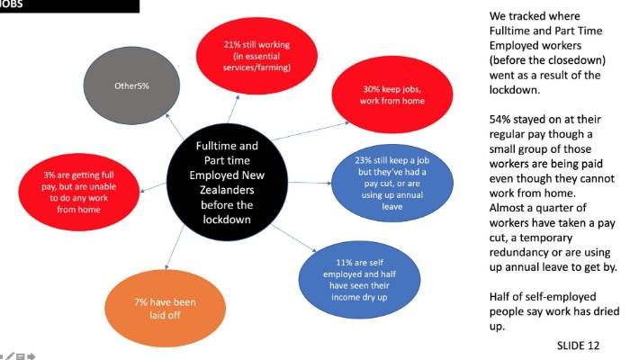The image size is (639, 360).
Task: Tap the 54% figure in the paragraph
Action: click(501, 120)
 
